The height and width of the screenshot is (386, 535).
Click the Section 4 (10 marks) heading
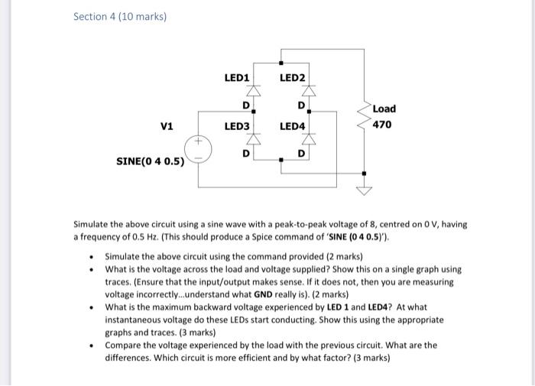click(x=120, y=16)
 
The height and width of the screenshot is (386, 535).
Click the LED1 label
click(x=236, y=78)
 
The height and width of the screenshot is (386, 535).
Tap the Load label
click(x=384, y=109)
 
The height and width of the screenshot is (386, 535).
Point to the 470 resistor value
click(x=382, y=124)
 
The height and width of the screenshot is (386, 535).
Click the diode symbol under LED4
click(x=310, y=144)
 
